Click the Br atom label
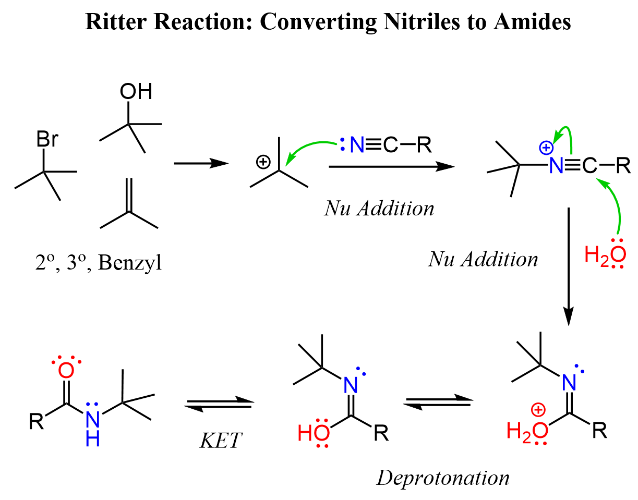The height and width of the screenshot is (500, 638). tap(46, 140)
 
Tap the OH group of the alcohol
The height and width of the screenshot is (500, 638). tap(136, 92)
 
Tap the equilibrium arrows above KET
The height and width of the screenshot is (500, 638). tap(219, 403)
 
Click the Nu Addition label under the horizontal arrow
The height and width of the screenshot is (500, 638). tap(379, 209)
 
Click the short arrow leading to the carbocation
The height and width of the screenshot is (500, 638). tap(201, 164)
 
